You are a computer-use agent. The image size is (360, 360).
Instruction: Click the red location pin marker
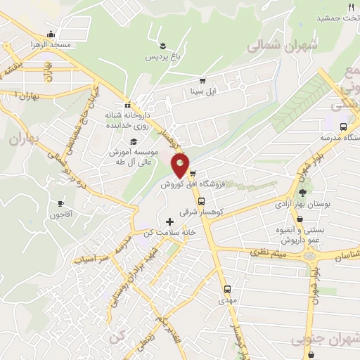(x=181, y=165)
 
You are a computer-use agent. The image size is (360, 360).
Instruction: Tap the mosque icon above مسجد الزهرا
(x=51, y=34)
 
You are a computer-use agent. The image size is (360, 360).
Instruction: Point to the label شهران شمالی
(x=284, y=46)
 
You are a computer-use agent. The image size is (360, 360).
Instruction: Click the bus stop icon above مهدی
(x=227, y=289)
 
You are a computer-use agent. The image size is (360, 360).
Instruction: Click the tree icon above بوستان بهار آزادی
(x=303, y=193)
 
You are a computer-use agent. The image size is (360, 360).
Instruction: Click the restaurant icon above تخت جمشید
(x=351, y=7)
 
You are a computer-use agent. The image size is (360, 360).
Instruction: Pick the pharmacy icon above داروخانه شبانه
(x=127, y=105)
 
